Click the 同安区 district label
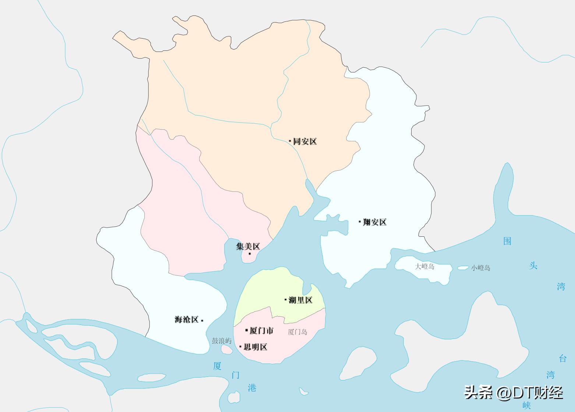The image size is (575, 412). (x=305, y=141)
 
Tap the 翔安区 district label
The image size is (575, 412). (x=374, y=222)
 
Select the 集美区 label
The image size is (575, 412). (x=248, y=246)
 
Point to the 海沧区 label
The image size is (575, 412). (x=187, y=319)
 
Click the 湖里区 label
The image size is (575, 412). (x=300, y=300)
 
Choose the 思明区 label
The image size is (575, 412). (x=255, y=347)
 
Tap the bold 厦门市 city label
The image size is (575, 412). (x=261, y=331)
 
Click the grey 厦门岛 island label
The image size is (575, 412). (x=297, y=332)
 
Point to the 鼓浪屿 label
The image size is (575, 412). (x=222, y=341)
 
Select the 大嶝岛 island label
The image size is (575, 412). (x=424, y=266)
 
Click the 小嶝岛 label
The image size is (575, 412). (x=481, y=268)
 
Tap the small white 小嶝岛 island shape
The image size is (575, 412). (x=463, y=268)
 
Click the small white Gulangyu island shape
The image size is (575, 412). (x=226, y=349)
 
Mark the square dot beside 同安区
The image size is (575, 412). (x=290, y=141)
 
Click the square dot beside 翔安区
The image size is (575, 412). (x=360, y=222)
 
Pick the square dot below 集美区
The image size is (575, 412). (x=250, y=254)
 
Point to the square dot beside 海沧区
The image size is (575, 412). (x=202, y=320)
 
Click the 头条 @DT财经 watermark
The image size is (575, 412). (x=514, y=392)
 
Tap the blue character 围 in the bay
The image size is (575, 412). (x=507, y=241)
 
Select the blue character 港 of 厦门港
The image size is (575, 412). (x=252, y=387)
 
